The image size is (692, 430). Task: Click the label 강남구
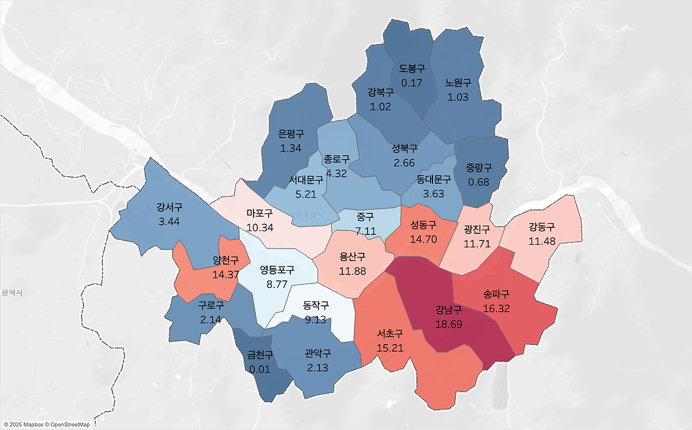tap(449, 311)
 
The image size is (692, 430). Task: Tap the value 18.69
tap(449, 324)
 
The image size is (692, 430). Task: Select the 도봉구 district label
tap(412, 69)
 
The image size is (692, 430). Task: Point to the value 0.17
tap(412, 83)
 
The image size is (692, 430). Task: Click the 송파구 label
tap(496, 295)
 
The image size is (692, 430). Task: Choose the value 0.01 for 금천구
tap(260, 369)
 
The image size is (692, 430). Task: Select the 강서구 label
tap(169, 207)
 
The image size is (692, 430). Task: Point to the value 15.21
tap(390, 348)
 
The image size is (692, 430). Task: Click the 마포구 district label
tap(259, 213)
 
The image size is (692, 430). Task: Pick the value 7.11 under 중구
tap(365, 231)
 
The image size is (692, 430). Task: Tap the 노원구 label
tap(458, 83)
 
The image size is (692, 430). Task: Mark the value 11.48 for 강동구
tap(542, 241)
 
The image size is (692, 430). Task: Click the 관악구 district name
tap(318, 354)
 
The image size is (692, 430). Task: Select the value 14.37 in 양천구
tap(226, 274)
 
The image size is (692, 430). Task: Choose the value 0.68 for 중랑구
tap(479, 182)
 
